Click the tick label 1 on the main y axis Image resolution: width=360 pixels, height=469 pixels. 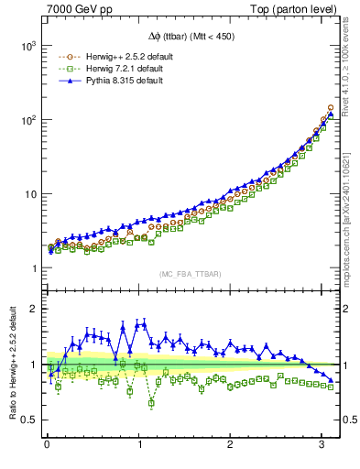click(x=32, y=268)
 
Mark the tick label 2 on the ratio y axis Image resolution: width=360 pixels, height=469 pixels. click(x=32, y=309)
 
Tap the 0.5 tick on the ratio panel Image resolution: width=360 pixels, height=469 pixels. click(x=28, y=420)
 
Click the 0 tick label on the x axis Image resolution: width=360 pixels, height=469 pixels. click(x=48, y=443)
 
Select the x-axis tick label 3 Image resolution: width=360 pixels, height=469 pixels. click(x=322, y=443)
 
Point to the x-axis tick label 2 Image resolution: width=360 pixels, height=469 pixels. click(x=231, y=443)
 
